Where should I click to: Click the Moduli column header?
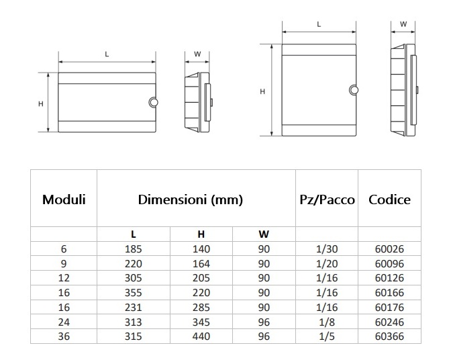point(64,199)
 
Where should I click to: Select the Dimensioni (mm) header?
point(191,199)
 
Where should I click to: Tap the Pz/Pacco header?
point(327,199)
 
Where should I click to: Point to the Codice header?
point(389,199)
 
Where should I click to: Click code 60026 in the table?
point(389,249)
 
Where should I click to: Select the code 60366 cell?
point(389,336)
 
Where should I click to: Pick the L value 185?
point(133,249)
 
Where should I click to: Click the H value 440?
point(201,336)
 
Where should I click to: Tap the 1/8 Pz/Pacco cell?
point(327,322)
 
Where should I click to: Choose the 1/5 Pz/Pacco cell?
point(327,336)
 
